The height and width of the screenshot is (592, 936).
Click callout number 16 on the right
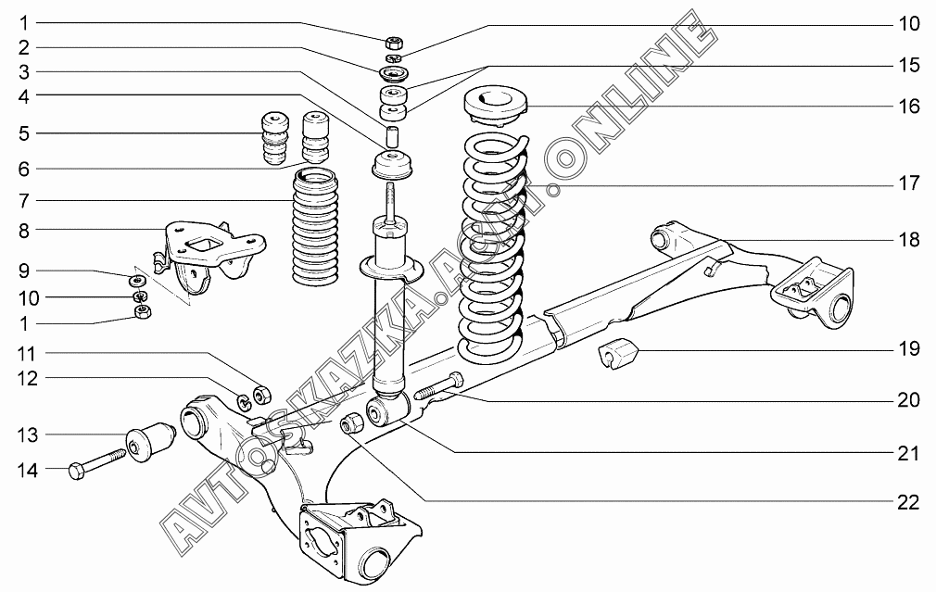pos(907,107)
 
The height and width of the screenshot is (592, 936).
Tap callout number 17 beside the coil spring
pos(907,184)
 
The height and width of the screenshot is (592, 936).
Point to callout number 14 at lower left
pos(29,471)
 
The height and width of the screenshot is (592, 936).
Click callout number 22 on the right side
pos(907,502)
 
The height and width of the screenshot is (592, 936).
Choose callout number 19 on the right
pos(907,349)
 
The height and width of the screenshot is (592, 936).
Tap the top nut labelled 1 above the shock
pos(392,42)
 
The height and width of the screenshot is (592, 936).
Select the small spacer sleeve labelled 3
pos(393,135)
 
